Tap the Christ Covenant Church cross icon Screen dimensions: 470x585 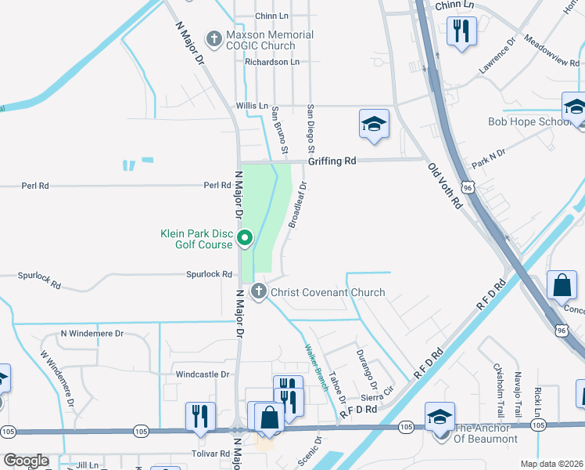pyautogui.click(x=259, y=292)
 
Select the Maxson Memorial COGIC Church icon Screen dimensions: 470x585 pyautogui.click(x=214, y=38)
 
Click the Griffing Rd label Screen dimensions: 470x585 pyautogui.click(x=332, y=161)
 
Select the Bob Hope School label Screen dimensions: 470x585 pyautogui.click(x=529, y=121)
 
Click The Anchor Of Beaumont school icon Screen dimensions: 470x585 pyautogui.click(x=440, y=417)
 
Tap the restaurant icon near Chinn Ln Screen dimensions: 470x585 pyautogui.click(x=461, y=31)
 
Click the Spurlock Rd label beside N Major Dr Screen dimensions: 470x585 pyautogui.click(x=210, y=274)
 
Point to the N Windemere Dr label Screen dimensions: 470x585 pyautogui.click(x=92, y=334)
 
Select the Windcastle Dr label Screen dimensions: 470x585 pyautogui.click(x=202, y=374)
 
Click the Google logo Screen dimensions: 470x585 pyautogui.click(x=25, y=461)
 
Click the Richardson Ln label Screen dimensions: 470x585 pyautogui.click(x=271, y=61)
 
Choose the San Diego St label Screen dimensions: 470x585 pyautogui.click(x=310, y=128)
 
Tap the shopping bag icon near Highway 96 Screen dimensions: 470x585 pyautogui.click(x=562, y=286)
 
